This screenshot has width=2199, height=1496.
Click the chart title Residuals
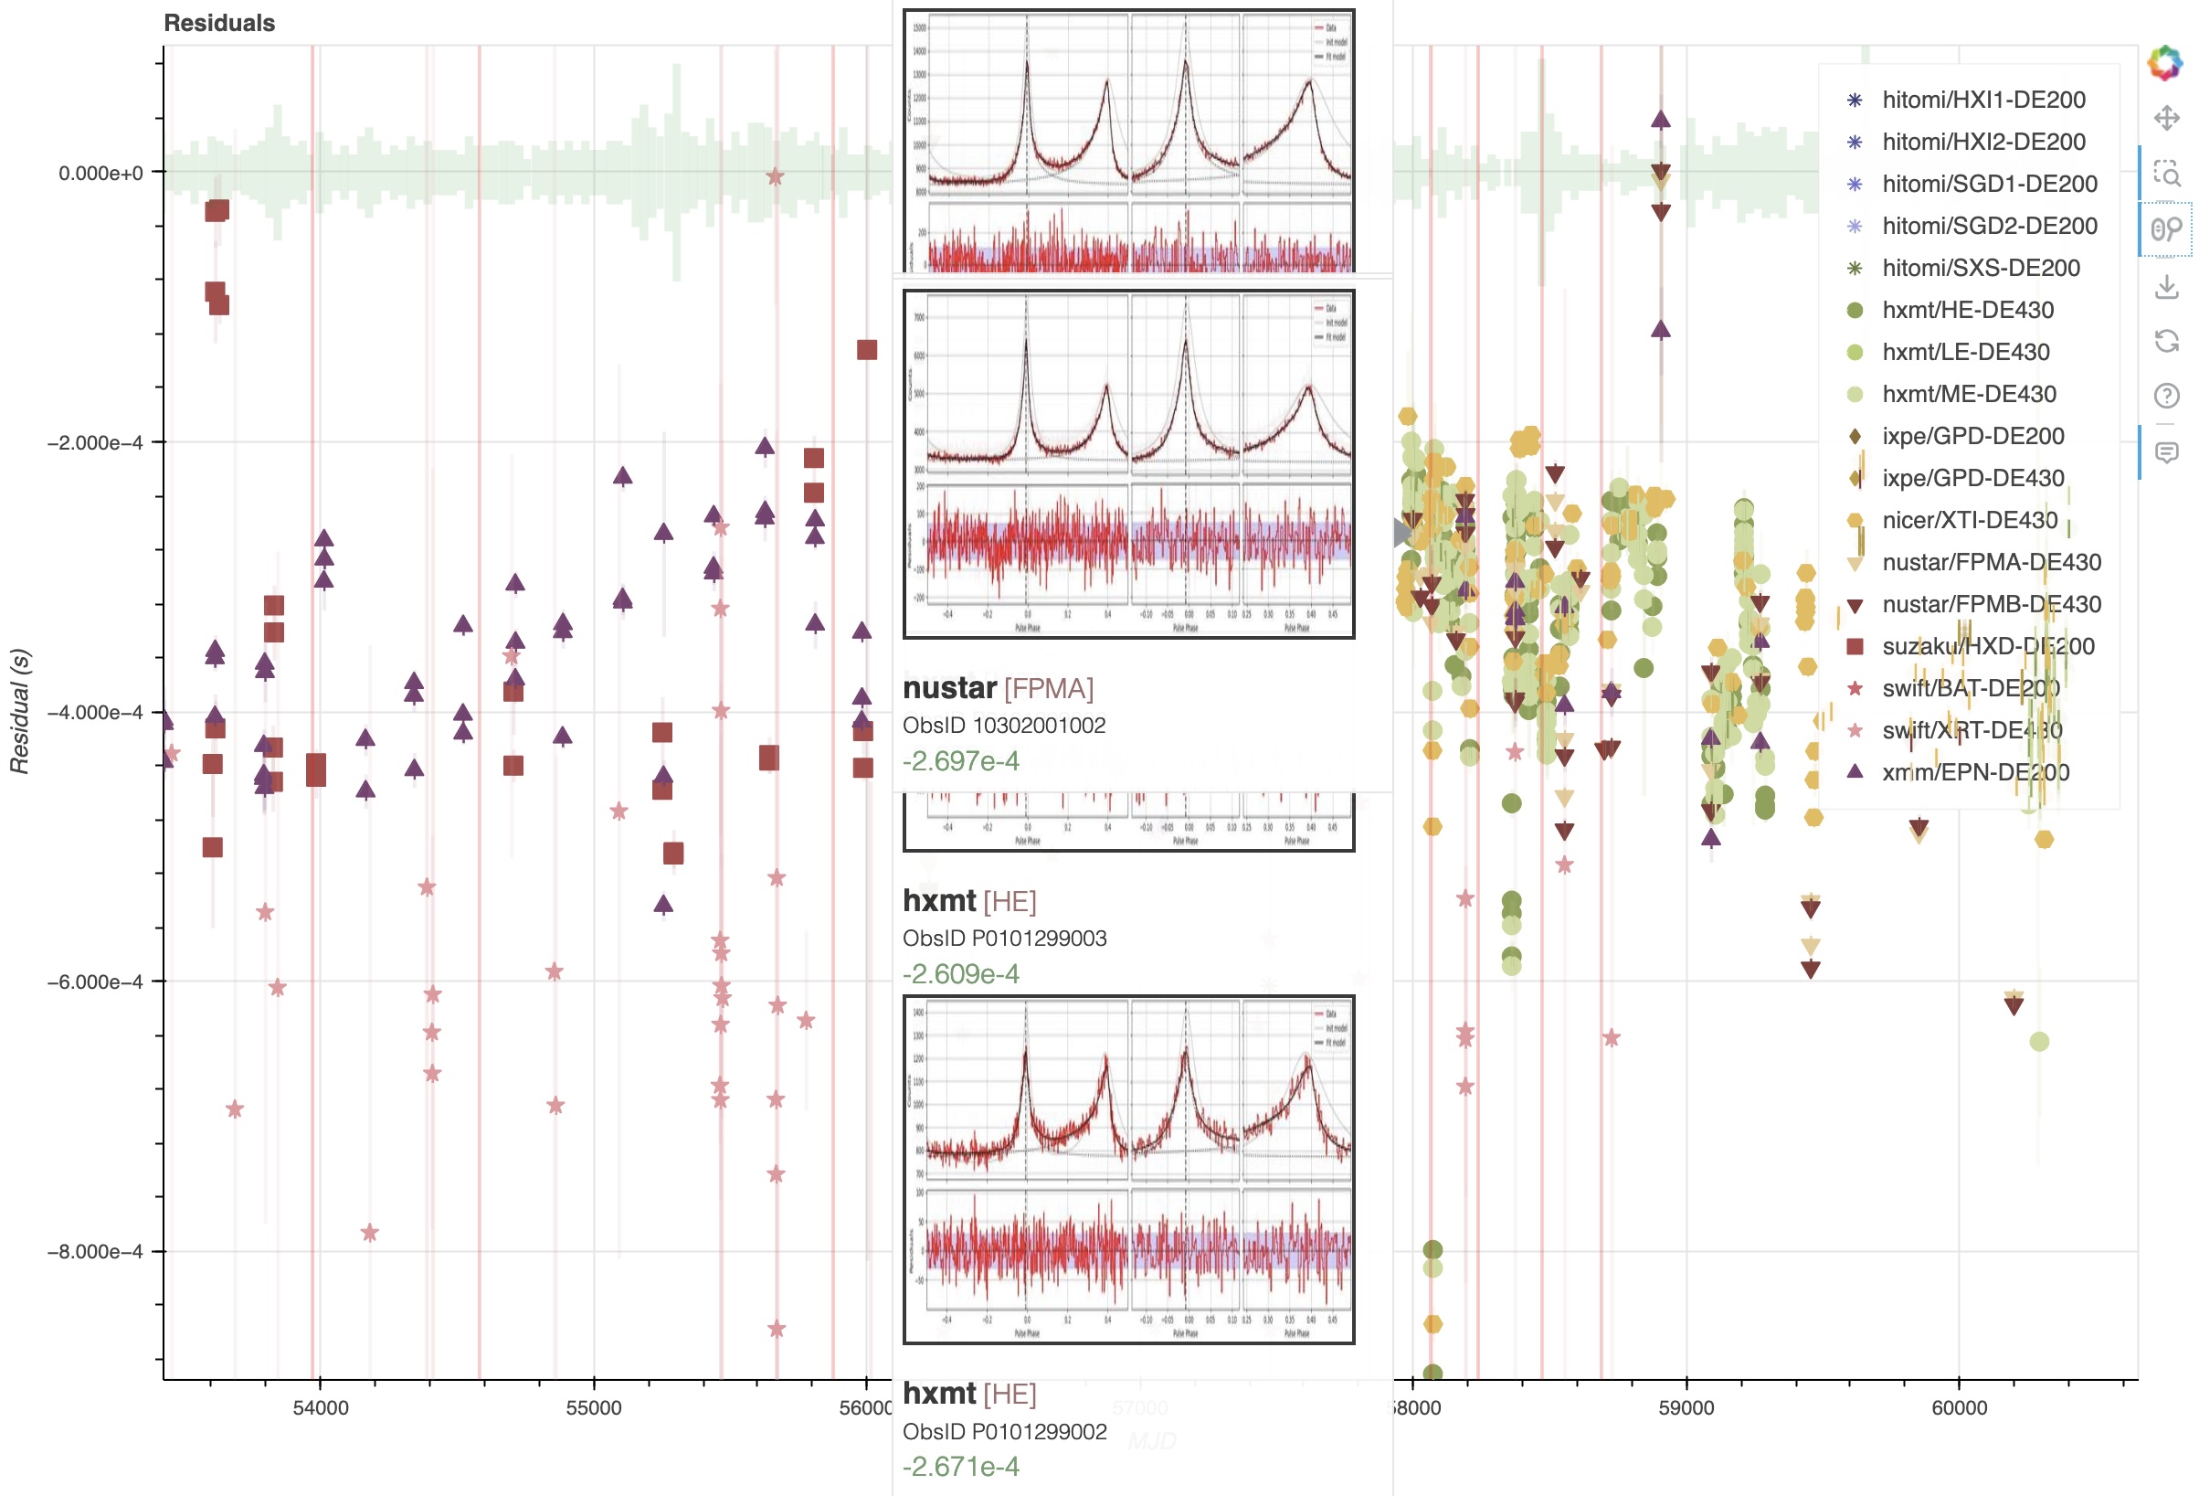click(x=218, y=23)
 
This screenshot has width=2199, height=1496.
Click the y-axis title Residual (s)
click(x=20, y=711)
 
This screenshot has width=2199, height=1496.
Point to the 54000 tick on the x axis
click(x=320, y=1407)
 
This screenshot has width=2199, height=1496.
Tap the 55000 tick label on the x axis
click(x=593, y=1407)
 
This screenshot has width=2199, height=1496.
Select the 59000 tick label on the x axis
click(x=1686, y=1407)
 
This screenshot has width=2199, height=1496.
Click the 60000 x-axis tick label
click(x=1958, y=1407)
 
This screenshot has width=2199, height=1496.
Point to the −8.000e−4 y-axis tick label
click(x=95, y=1251)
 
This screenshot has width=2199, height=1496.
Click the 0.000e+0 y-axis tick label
click(x=100, y=173)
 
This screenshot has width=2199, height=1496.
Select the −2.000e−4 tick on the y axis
click(x=95, y=443)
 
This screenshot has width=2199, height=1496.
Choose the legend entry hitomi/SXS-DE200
click(x=1981, y=268)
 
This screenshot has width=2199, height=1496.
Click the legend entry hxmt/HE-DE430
click(x=1967, y=310)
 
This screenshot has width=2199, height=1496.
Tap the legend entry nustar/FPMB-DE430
click(x=1991, y=604)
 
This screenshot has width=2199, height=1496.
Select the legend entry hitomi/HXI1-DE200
click(x=1983, y=100)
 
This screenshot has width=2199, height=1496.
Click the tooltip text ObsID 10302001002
click(x=1003, y=725)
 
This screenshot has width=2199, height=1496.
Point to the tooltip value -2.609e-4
click(x=960, y=973)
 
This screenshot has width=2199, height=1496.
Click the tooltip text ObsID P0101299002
click(x=1004, y=1431)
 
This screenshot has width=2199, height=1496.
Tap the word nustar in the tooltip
click(x=949, y=688)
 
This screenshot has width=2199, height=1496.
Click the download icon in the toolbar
click(x=2166, y=286)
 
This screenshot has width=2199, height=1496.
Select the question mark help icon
click(x=2166, y=396)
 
